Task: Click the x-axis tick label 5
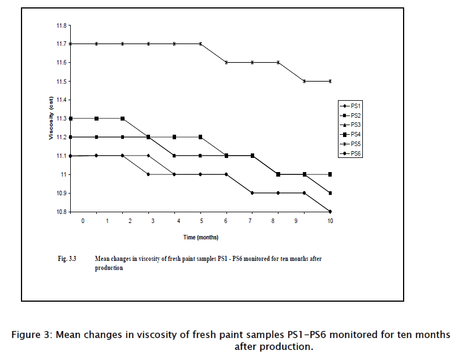coord(202,221)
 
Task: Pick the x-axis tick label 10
coord(330,221)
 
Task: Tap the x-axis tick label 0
coord(83,221)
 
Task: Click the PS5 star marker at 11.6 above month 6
coord(226,62)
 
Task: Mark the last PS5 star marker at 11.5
coord(330,81)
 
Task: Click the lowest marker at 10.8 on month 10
coord(330,212)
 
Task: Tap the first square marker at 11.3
coord(70,118)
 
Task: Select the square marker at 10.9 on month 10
coord(330,193)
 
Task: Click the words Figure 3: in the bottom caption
coord(31,334)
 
